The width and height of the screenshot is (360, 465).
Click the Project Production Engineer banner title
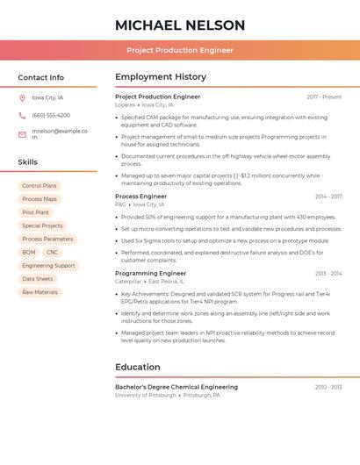click(179, 50)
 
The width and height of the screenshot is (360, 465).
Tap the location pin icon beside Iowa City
click(22, 97)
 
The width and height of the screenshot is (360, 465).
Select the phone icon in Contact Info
click(22, 115)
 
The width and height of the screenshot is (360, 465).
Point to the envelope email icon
click(22, 134)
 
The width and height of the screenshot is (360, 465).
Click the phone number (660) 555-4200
click(51, 115)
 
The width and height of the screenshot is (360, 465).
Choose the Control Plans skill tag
click(40, 186)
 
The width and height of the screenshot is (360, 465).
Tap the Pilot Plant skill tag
click(35, 212)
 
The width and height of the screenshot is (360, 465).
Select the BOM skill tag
click(29, 252)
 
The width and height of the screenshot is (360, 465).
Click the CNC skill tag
click(53, 252)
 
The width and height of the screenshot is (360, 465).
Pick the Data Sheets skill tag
click(38, 279)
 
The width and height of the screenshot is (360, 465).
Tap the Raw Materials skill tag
click(40, 292)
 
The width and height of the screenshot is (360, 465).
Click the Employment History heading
click(160, 76)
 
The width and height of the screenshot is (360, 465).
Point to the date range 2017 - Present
click(324, 97)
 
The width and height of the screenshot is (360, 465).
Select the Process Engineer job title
click(140, 197)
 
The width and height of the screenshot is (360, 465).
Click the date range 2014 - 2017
click(328, 197)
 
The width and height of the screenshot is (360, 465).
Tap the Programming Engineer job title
click(150, 273)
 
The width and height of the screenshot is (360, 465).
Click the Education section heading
click(137, 367)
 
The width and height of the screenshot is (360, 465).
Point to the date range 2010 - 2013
click(328, 387)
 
